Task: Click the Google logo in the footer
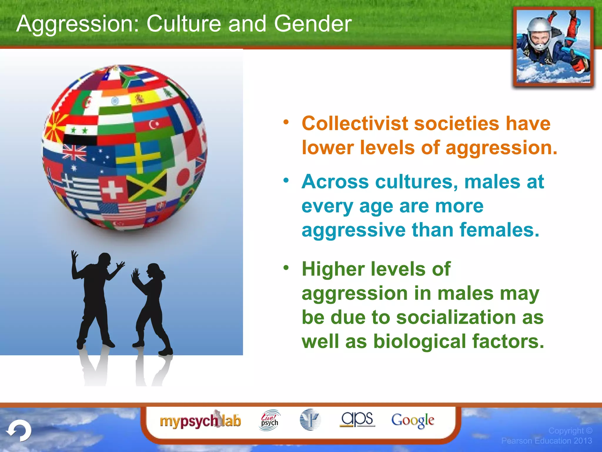click(x=412, y=420)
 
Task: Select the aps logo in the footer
click(x=357, y=419)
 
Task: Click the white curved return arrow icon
click(x=19, y=431)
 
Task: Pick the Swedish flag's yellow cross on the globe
click(x=138, y=157)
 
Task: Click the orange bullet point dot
click(x=286, y=122)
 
